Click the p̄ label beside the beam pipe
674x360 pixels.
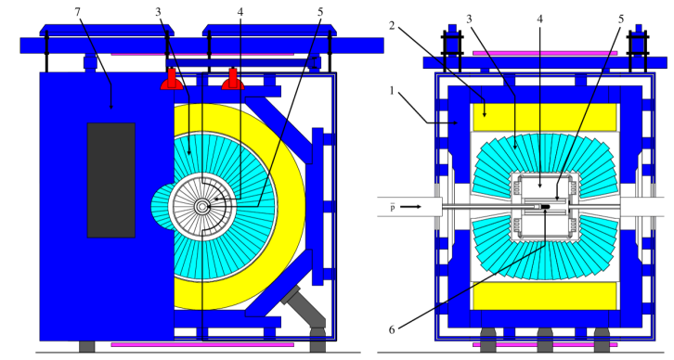(392, 208)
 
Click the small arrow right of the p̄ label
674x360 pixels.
(410, 207)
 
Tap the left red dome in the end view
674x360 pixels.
(172, 81)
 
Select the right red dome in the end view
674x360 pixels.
(233, 81)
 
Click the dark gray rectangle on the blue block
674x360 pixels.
(110, 180)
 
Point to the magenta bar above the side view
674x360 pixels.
(544, 53)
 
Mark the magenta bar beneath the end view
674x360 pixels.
(201, 345)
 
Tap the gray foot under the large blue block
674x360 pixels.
(86, 346)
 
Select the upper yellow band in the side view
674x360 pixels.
(544, 117)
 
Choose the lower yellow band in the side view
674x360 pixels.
(544, 295)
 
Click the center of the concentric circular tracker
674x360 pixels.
(202, 206)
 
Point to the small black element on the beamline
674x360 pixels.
(546, 207)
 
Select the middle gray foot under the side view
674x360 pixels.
(545, 341)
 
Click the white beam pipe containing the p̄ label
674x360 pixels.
(371, 207)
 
